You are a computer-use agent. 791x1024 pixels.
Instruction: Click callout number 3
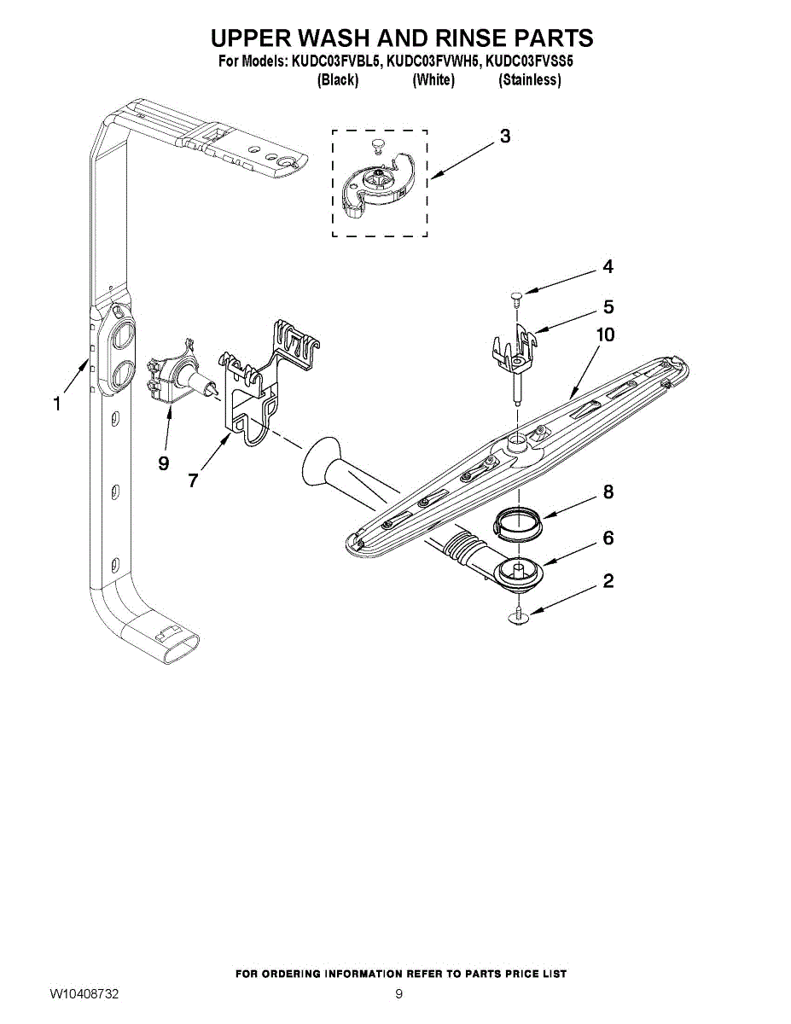pos(505,137)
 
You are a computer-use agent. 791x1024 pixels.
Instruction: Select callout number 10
pos(604,335)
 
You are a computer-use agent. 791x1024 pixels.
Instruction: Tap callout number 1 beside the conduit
pos(57,404)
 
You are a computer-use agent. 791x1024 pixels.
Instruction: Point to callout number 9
pos(164,463)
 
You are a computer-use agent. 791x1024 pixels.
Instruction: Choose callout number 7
pos(194,480)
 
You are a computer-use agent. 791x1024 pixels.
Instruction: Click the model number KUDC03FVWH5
pos(434,61)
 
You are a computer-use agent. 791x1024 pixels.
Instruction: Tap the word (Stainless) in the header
pos(530,80)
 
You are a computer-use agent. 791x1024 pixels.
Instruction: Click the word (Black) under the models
pos(337,80)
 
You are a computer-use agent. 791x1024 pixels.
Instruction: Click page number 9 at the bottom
pos(398,994)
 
